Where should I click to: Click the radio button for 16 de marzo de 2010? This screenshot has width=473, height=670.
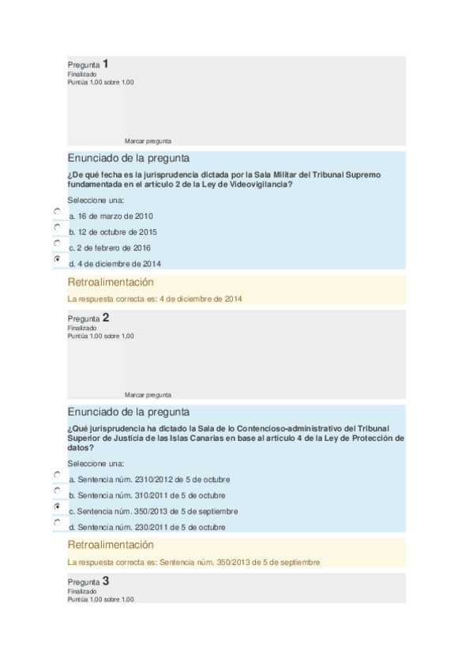pyautogui.click(x=57, y=212)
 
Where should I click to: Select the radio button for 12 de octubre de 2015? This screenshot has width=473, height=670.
pyautogui.click(x=57, y=228)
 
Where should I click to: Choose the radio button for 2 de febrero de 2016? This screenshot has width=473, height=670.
pyautogui.click(x=57, y=243)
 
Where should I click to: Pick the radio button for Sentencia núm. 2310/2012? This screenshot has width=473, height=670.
pyautogui.click(x=57, y=475)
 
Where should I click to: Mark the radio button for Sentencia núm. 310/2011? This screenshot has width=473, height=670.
pyautogui.click(x=57, y=491)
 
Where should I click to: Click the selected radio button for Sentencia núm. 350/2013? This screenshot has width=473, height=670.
pyautogui.click(x=57, y=506)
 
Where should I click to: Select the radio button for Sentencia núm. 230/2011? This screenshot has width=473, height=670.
pyautogui.click(x=57, y=522)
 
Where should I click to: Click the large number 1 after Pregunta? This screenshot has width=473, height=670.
pyautogui.click(x=106, y=63)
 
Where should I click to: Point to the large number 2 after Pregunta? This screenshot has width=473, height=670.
pyautogui.click(x=106, y=318)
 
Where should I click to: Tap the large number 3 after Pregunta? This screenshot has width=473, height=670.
pyautogui.click(x=106, y=581)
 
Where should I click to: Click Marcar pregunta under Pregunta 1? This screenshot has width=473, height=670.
pyautogui.click(x=148, y=141)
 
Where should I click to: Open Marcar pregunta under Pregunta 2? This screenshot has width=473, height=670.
pyautogui.click(x=148, y=394)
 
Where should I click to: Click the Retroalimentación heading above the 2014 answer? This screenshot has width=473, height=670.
pyautogui.click(x=111, y=282)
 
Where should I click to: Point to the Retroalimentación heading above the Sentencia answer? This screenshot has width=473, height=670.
pyautogui.click(x=111, y=545)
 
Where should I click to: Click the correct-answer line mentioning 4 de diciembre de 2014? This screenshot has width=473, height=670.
pyautogui.click(x=155, y=299)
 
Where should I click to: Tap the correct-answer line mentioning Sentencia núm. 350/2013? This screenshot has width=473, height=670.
pyautogui.click(x=193, y=562)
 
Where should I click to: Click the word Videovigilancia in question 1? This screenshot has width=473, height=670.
pyautogui.click(x=262, y=184)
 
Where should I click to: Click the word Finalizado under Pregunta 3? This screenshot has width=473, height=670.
pyautogui.click(x=81, y=591)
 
